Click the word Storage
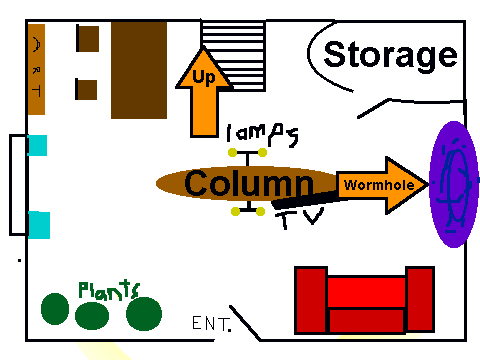(390, 56)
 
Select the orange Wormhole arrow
(382, 185)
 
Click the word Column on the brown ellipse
(249, 183)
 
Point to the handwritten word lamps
(262, 134)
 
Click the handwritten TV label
(299, 218)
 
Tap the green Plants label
(109, 290)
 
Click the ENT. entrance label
(211, 323)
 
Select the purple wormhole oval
(453, 184)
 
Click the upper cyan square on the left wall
(37, 145)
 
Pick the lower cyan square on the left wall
(39, 225)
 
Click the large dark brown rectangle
(139, 70)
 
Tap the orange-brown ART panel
(36, 69)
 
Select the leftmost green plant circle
(55, 309)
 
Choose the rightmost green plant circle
(144, 314)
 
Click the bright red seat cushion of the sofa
(366, 292)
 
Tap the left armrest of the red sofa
(311, 300)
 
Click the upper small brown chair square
(88, 38)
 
